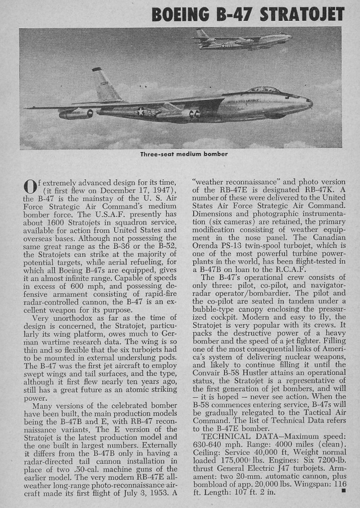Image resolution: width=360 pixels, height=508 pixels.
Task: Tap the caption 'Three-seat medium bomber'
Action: tap(184, 154)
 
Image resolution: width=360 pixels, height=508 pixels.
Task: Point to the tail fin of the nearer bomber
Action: tap(105, 85)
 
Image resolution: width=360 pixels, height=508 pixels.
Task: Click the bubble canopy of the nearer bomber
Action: tap(263, 90)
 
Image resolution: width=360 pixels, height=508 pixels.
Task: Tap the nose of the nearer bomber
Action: tap(309, 102)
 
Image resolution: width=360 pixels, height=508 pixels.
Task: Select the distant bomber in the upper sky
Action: tap(242, 40)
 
